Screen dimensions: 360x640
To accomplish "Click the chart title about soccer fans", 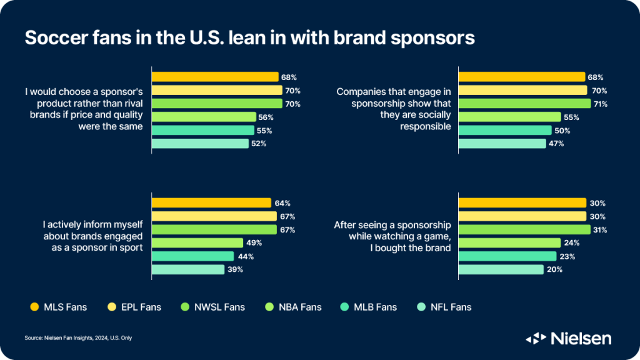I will (249, 37).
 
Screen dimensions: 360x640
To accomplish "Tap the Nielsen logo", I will (568, 338).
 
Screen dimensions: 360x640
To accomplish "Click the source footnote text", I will (78, 338).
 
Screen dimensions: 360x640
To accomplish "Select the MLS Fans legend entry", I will (57, 307).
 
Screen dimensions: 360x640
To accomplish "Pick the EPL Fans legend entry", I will (133, 307).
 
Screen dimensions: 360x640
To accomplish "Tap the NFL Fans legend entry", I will (442, 307).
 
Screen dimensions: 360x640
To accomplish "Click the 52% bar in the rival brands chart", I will (200, 144).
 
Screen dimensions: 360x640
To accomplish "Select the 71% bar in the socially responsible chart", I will (524, 104).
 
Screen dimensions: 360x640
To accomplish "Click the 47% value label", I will (557, 144).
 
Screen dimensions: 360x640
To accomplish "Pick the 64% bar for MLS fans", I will (211, 203).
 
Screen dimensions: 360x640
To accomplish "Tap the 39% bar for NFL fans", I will (188, 269).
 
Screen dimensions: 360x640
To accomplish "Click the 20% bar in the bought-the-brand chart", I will (501, 269).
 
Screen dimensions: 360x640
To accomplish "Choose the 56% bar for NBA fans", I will (204, 117).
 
